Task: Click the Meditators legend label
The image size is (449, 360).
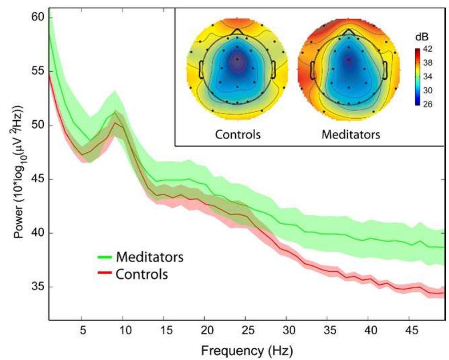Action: pyautogui.click(x=149, y=257)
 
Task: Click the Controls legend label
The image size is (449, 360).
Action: pyautogui.click(x=142, y=274)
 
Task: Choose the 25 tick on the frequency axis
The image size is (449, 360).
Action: pyautogui.click(x=245, y=331)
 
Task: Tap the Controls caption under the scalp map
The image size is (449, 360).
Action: pyautogui.click(x=237, y=134)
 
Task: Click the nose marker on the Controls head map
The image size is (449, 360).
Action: pyautogui.click(x=237, y=31)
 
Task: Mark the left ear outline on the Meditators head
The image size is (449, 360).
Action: pyautogui.click(x=313, y=70)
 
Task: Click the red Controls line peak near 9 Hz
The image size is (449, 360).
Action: pyautogui.click(x=115, y=123)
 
